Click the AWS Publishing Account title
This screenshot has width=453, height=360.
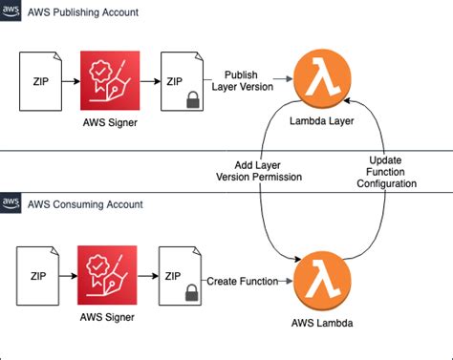(x=83, y=12)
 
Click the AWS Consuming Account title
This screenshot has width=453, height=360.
(x=85, y=205)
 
